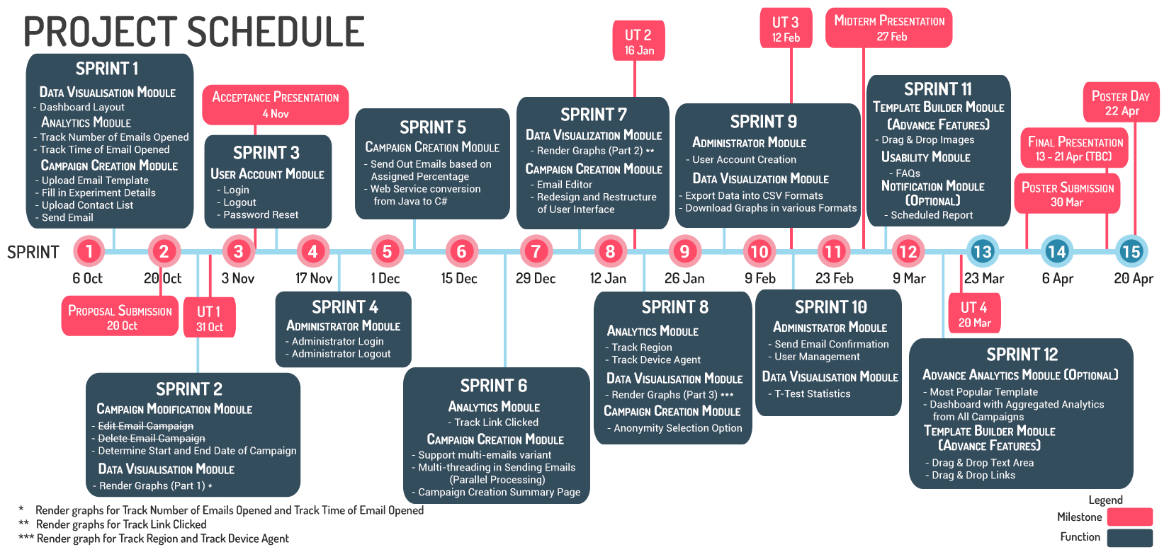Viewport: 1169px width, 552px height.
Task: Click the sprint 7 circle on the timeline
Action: tap(536, 251)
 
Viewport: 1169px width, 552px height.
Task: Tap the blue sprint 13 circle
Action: tap(982, 251)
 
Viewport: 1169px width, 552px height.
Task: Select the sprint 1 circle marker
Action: tap(89, 251)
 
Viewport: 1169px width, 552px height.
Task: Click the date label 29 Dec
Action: tap(536, 279)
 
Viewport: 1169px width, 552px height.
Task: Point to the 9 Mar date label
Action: tap(909, 279)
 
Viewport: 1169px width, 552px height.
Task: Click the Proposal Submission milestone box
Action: tap(120, 317)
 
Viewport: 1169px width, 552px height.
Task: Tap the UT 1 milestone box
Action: tap(209, 318)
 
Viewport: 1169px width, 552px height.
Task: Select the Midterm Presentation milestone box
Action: tap(889, 28)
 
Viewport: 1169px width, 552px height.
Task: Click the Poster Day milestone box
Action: tap(1121, 103)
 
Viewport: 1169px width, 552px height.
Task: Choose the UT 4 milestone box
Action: tap(974, 314)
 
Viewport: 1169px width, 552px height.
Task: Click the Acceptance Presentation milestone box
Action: tap(276, 105)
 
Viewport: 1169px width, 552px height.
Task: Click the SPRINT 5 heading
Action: tap(432, 127)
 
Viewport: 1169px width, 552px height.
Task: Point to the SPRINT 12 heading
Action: tap(1022, 355)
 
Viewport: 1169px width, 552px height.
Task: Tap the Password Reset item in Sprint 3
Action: tap(261, 215)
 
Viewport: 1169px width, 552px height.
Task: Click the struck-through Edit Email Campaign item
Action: tap(145, 426)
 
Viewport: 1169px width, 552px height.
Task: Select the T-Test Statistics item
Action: tap(812, 394)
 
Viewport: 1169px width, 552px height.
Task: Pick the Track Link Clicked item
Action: tap(496, 422)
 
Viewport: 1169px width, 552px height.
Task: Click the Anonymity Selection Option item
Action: tap(677, 428)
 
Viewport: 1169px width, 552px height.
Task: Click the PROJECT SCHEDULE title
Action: tap(194, 32)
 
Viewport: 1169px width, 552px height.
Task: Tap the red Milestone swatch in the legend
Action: tap(1129, 517)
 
